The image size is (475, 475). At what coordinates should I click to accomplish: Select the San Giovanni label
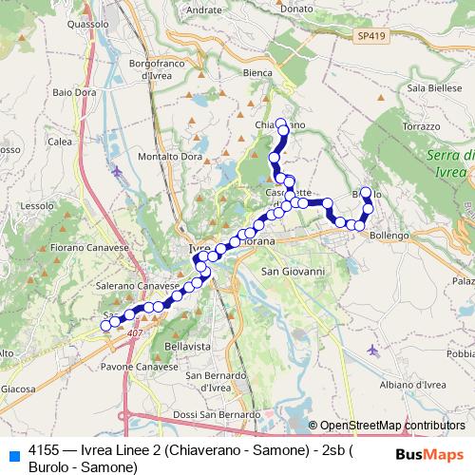(293, 272)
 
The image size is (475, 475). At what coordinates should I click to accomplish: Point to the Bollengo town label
(389, 235)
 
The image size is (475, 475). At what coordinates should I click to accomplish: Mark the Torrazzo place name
(421, 125)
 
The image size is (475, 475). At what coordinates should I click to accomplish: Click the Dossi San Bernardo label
(218, 415)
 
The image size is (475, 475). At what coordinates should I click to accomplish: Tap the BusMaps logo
(423, 455)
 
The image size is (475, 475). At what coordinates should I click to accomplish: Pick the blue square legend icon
(14, 455)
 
